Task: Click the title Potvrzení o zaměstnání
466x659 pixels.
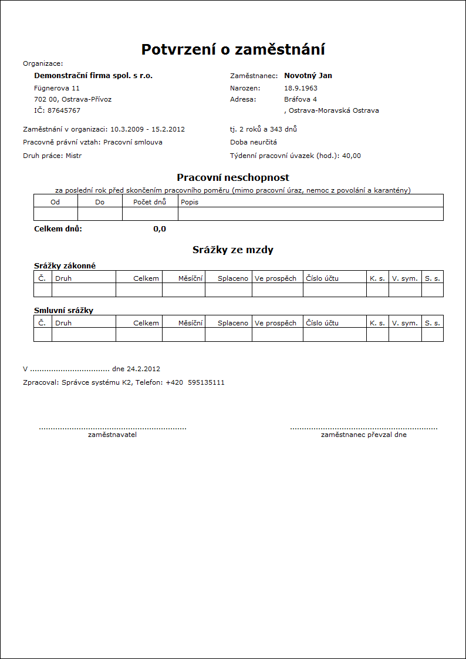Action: pos(233,49)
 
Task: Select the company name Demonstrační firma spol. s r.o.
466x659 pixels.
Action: pos(93,76)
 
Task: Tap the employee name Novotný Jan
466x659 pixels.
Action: pos(308,76)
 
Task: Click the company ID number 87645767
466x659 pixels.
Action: pos(64,110)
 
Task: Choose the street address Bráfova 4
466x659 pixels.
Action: pos(300,99)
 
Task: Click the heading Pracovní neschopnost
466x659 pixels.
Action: pos(233,177)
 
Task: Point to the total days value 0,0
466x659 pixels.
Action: pos(160,229)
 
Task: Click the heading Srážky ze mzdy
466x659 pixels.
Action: pos(233,250)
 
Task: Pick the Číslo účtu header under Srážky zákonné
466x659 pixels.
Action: pos(322,278)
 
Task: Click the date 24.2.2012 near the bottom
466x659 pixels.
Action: pos(143,369)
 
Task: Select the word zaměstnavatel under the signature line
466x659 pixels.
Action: pos(112,435)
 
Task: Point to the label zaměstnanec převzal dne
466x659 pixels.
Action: pos(363,435)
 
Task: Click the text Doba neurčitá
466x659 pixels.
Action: pos(254,142)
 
